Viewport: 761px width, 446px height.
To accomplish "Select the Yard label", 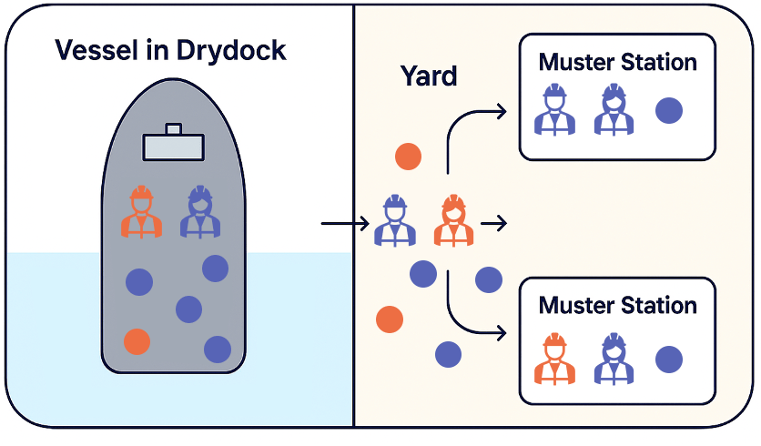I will [x=429, y=76].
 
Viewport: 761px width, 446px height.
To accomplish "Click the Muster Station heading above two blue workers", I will [x=617, y=63].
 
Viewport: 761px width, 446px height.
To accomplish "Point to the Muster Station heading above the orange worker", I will [x=617, y=305].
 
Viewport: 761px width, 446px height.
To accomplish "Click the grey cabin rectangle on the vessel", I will [x=173, y=144].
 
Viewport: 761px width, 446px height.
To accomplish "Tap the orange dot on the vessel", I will [x=137, y=341].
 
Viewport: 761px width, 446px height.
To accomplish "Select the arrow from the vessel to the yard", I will [x=343, y=222].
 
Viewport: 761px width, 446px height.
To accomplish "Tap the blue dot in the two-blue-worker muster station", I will [x=669, y=111].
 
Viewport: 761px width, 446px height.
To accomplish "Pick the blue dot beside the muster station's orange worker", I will [x=669, y=359].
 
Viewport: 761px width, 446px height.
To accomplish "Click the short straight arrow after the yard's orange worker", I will [x=493, y=222].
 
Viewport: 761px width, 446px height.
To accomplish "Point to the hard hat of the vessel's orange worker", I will [x=141, y=194].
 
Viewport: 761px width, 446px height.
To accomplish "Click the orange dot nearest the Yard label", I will [x=408, y=157].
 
